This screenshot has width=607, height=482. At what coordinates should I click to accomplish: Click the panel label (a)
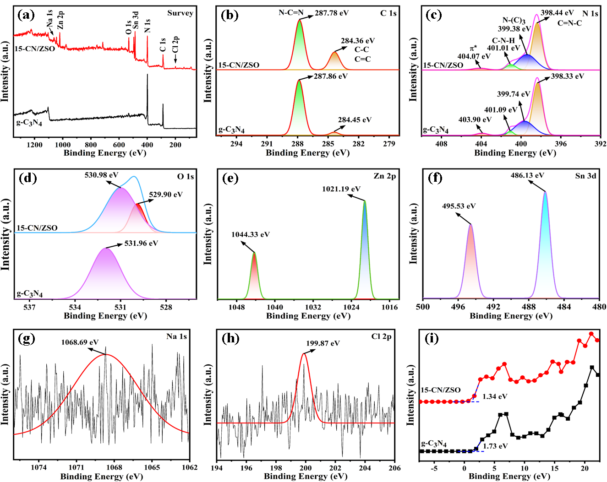click(26, 15)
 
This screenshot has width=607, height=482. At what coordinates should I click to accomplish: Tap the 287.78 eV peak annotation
click(331, 13)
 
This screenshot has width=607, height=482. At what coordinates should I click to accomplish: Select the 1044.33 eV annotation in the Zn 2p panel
click(250, 234)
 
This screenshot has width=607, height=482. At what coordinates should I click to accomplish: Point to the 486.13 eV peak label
click(527, 175)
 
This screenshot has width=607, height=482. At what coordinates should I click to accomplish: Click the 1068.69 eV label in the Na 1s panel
click(80, 342)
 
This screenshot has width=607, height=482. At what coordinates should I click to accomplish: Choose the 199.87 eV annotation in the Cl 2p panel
click(323, 343)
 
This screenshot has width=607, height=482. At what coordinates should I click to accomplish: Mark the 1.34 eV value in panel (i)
click(495, 396)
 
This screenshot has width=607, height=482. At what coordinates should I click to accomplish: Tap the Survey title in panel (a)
click(180, 13)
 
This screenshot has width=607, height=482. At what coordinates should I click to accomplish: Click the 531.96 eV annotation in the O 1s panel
click(141, 243)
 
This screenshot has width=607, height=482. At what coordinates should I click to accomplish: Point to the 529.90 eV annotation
click(166, 195)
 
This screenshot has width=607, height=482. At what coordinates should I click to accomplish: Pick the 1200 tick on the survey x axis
click(35, 145)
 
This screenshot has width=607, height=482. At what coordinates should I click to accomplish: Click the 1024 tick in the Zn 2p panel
click(351, 307)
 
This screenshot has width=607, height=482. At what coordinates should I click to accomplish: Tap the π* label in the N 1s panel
click(473, 48)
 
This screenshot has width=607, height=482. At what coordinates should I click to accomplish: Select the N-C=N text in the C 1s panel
click(291, 13)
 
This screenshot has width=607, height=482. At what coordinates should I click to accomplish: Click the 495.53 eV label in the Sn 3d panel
click(459, 206)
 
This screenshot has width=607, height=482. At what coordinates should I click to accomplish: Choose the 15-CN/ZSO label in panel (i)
click(440, 390)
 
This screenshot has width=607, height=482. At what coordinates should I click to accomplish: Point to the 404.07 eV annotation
click(474, 56)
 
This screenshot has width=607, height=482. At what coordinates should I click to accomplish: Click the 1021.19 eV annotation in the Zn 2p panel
click(341, 189)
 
